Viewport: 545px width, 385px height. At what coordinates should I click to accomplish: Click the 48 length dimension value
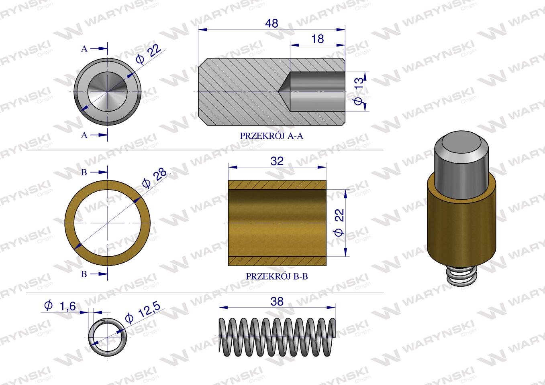coord(271,24)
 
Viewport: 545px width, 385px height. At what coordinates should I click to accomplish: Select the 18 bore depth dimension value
coord(318,39)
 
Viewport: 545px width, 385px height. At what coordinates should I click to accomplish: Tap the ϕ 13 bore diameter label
coord(359,91)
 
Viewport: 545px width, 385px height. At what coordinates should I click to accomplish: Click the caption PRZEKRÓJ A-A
coord(271,136)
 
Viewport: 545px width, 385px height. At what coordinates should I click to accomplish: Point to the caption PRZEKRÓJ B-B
coord(277,276)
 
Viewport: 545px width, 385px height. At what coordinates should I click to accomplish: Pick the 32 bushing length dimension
coord(277,161)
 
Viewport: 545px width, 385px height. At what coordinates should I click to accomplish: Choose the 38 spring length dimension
coord(277,302)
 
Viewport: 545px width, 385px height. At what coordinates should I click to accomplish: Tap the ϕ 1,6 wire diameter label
coord(60,306)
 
